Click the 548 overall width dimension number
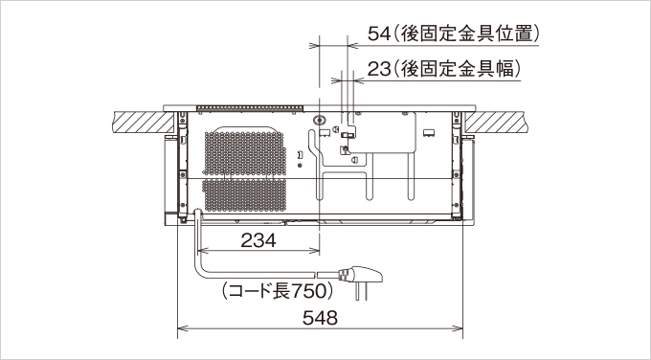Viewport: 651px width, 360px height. coord(320,318)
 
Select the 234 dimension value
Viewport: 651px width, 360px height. coord(258,240)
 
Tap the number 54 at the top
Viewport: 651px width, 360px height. coord(379,34)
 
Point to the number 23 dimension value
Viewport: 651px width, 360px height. coord(379,69)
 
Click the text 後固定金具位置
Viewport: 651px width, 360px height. coord(465,34)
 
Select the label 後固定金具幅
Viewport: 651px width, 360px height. coord(456,69)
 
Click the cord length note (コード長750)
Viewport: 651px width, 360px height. coord(278,291)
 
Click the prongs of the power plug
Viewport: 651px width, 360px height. coord(361,291)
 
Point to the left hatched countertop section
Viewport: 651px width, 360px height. coord(144,123)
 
